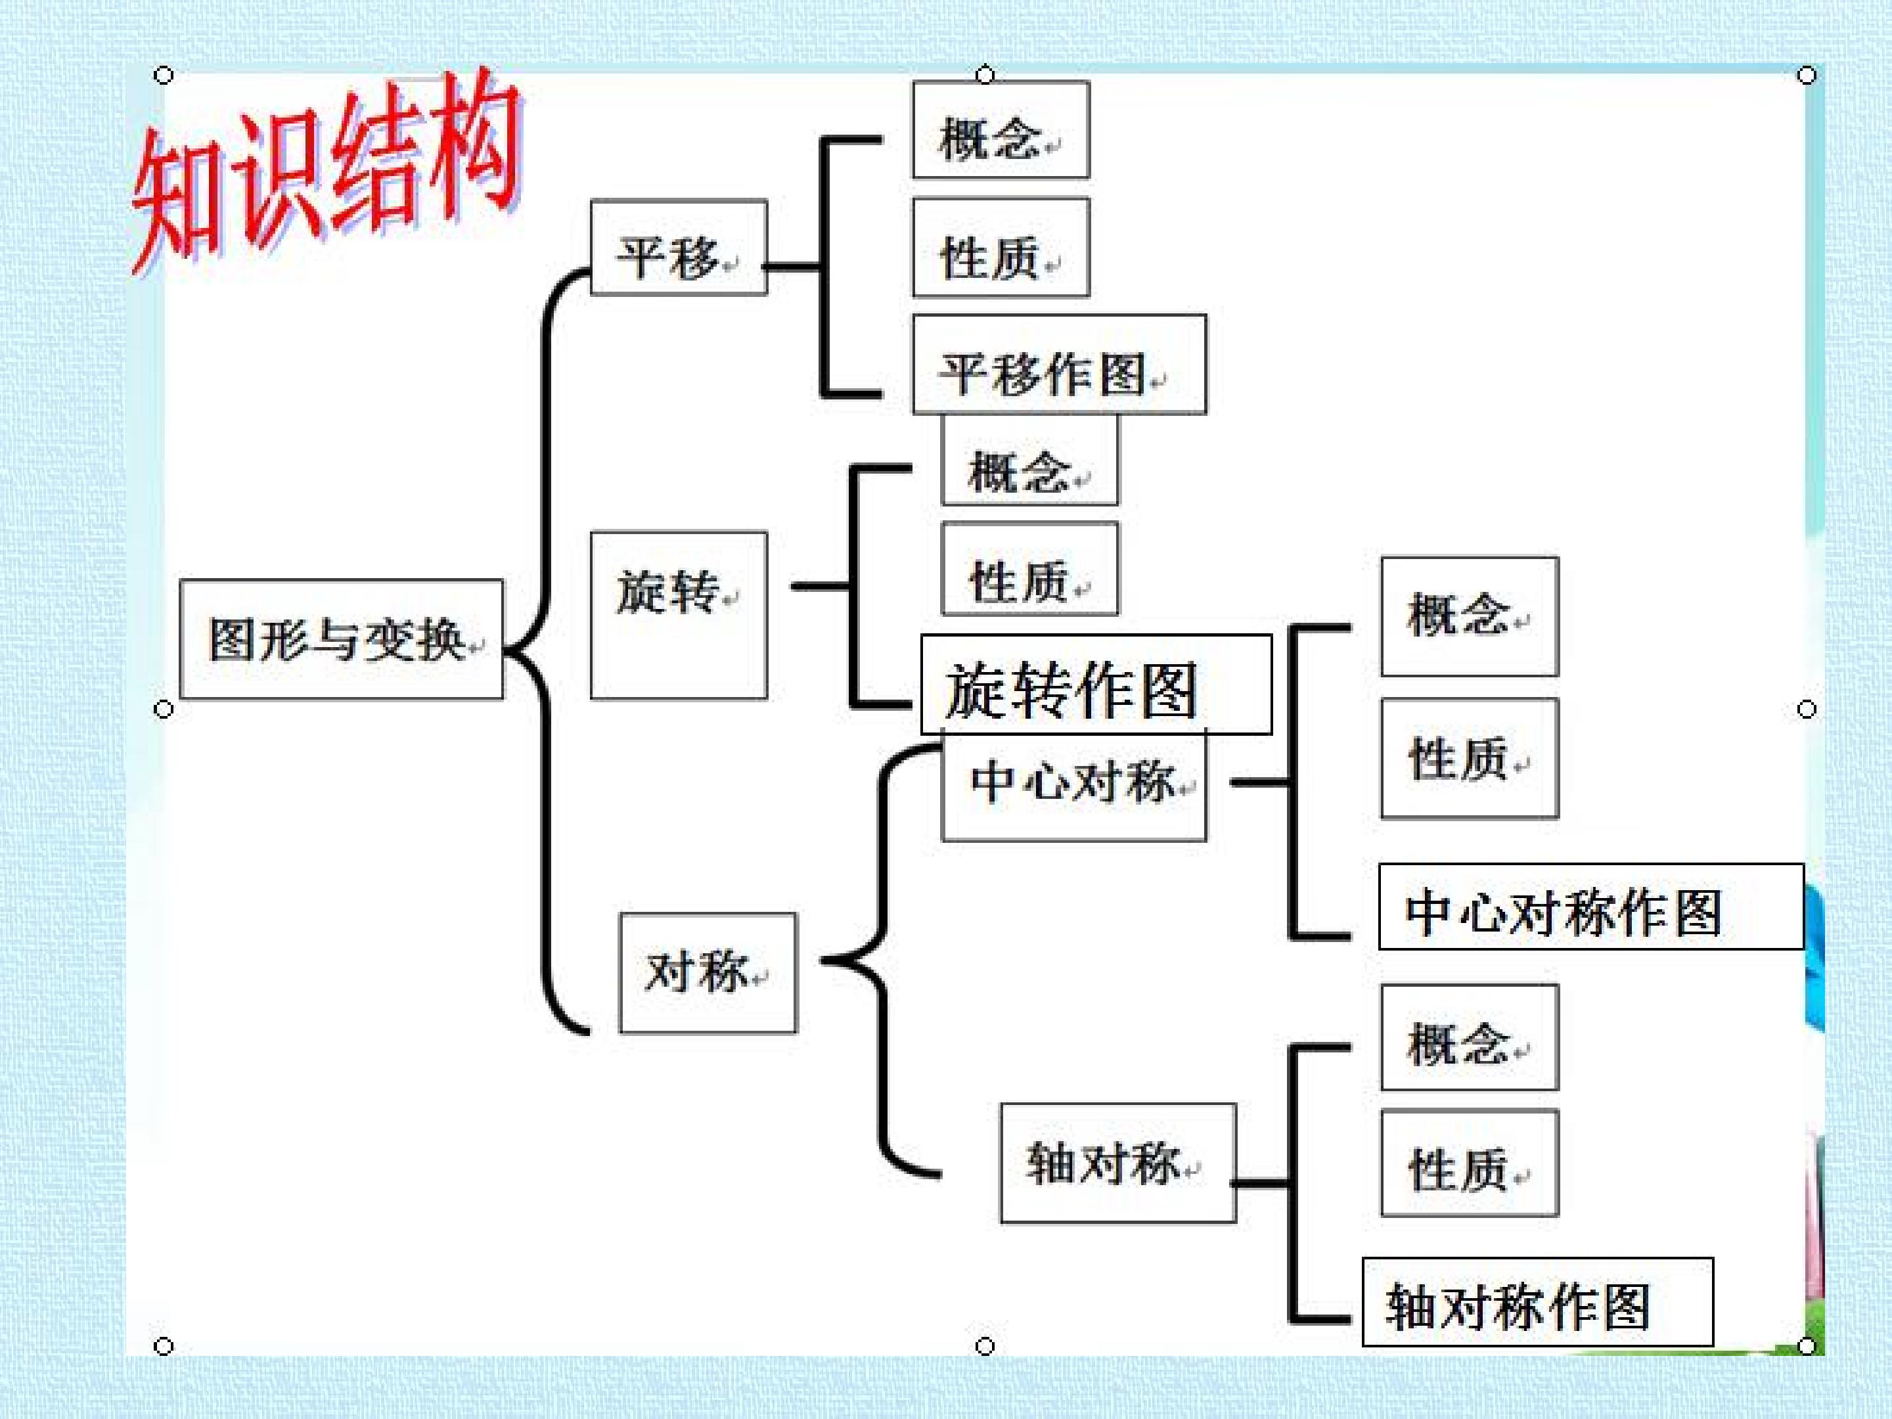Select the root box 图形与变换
click(341, 639)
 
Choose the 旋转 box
click(678, 615)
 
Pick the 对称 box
click(708, 972)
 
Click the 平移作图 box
click(1059, 365)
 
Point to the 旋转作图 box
click(1096, 685)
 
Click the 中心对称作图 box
click(1591, 907)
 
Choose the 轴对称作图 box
click(1537, 1302)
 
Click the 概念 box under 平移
click(1001, 130)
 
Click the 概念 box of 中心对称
click(1470, 617)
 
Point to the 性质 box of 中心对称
click(1470, 759)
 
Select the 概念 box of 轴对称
click(1470, 1037)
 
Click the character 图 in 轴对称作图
click(1626, 1307)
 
